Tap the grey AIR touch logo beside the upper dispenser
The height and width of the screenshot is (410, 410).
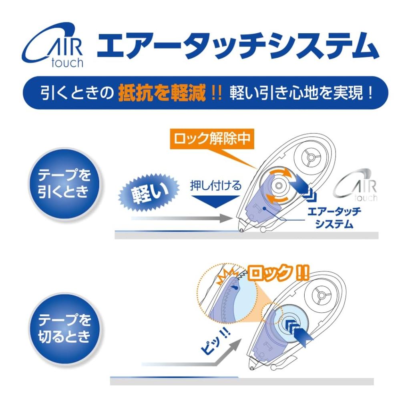pos(356,186)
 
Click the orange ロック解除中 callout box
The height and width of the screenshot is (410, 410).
pos(212,139)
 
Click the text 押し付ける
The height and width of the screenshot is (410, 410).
pos(215,186)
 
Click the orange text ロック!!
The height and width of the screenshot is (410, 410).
pos(278,273)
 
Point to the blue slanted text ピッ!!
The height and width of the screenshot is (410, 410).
pos(215,342)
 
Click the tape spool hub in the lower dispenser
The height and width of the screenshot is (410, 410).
pos(321,295)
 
